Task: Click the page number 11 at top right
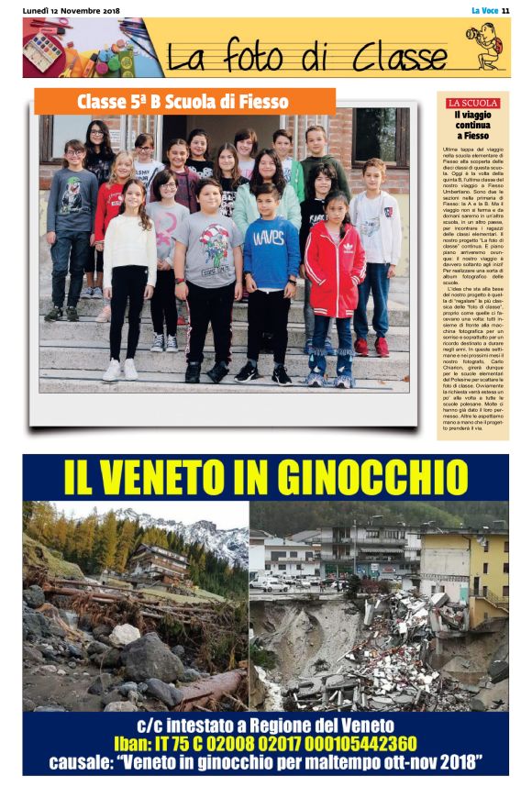tap(504, 10)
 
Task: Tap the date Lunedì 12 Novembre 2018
tap(70, 10)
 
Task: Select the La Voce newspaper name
tap(482, 10)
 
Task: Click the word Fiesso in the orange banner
tap(260, 101)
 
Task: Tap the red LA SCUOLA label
tap(472, 104)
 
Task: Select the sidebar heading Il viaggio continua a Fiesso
tap(472, 125)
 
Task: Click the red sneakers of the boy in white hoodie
tap(371, 346)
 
